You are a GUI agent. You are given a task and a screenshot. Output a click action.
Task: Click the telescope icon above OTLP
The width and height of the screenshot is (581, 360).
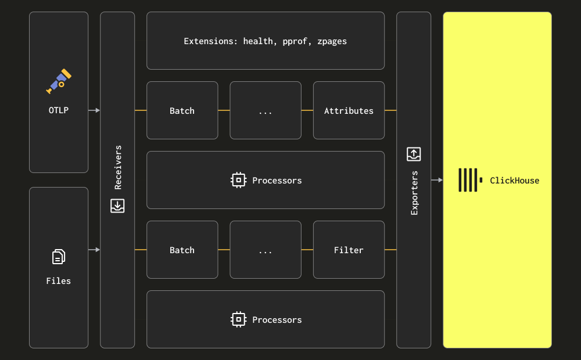(59, 81)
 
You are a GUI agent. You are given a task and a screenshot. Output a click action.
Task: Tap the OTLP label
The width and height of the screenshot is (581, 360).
(59, 110)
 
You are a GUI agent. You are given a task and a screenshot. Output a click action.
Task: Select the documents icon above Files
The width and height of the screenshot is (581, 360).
(59, 257)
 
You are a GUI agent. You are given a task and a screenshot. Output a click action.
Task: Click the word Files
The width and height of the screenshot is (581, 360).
(59, 281)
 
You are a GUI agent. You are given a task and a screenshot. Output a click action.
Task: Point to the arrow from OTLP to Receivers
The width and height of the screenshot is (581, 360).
(94, 110)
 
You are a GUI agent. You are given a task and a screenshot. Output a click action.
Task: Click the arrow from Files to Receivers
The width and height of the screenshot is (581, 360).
(94, 250)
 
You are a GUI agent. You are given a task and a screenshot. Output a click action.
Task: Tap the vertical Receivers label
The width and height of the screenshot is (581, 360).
(118, 167)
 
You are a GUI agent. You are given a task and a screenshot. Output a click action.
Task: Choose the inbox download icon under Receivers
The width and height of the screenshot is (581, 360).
(117, 206)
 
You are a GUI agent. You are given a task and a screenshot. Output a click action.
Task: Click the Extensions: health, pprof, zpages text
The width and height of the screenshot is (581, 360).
(266, 41)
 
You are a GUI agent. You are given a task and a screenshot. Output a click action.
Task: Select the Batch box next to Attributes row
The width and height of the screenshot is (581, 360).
(182, 110)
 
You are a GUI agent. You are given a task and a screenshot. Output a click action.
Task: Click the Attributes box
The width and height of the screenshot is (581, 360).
(349, 110)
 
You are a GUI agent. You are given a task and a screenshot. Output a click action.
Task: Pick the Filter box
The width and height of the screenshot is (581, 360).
(349, 250)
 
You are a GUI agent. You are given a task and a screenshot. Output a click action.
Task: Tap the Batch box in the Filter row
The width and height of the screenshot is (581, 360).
(182, 250)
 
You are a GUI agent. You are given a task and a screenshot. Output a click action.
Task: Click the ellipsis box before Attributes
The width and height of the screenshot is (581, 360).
(266, 110)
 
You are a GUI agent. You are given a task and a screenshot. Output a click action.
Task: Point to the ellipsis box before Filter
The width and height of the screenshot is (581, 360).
(266, 250)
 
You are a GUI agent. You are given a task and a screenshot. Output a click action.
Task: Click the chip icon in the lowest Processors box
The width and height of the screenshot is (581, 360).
(239, 319)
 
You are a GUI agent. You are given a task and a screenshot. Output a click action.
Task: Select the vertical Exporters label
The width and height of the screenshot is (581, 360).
(414, 193)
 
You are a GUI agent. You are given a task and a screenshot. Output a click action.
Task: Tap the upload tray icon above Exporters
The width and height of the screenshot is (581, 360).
(414, 154)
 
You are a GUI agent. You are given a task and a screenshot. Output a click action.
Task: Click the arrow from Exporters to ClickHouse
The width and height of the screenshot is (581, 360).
(437, 180)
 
